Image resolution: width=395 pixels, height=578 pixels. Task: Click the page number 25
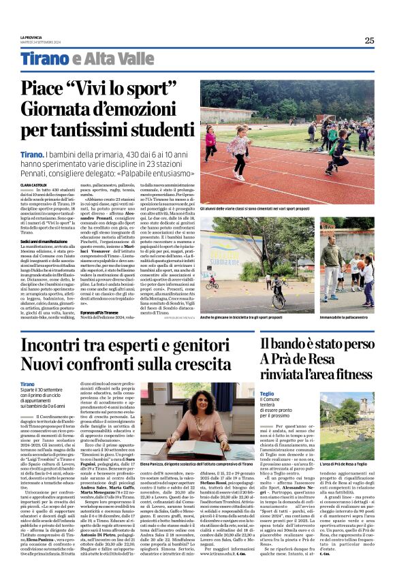point(369,40)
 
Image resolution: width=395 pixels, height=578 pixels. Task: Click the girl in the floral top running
point(239,148)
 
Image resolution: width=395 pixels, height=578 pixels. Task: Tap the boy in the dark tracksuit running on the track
point(338,150)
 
